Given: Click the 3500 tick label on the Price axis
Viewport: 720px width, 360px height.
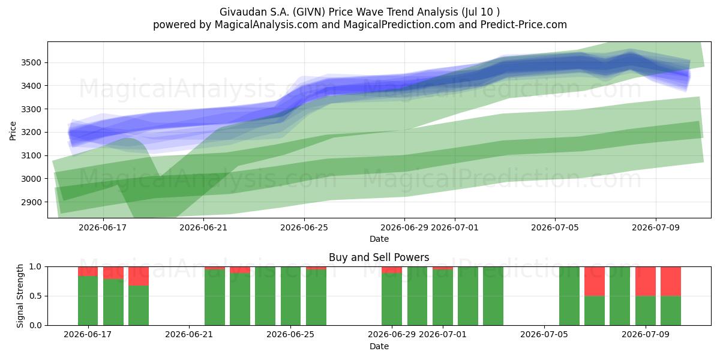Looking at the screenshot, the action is tap(31, 62).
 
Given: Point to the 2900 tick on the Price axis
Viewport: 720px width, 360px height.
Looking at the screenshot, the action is tap(31, 202).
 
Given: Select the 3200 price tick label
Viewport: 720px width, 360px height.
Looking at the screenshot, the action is tap(31, 133).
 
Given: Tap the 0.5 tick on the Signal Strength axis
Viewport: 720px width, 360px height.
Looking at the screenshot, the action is tap(35, 296).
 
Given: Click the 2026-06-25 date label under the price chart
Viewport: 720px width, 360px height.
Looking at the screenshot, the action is tap(304, 227).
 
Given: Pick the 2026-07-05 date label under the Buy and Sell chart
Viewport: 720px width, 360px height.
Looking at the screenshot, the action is tap(544, 334).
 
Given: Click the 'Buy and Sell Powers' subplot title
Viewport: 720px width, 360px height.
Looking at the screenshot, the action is tap(379, 257).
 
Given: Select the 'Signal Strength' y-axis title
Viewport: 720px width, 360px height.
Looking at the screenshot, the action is tap(20, 296).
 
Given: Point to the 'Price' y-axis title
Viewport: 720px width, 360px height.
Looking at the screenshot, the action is tap(13, 131).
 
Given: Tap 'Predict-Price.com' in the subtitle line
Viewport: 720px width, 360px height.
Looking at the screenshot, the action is tap(524, 25).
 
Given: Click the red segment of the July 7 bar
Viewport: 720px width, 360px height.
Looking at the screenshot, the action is tap(595, 281).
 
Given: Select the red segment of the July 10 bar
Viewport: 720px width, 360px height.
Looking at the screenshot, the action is tap(671, 281).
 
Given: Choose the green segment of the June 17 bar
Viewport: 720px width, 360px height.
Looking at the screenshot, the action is tap(88, 301).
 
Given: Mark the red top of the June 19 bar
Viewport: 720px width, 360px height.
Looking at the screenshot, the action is tap(139, 276).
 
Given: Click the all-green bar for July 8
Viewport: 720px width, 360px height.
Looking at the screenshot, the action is tap(620, 296).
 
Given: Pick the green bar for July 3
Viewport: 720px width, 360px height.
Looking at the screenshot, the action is tap(493, 296).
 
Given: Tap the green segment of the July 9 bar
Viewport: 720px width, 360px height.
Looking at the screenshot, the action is tap(646, 311).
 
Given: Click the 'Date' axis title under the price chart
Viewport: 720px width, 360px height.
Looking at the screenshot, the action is tap(379, 239).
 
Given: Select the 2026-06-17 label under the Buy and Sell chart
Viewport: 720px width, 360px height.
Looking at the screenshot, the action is tap(88, 334).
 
